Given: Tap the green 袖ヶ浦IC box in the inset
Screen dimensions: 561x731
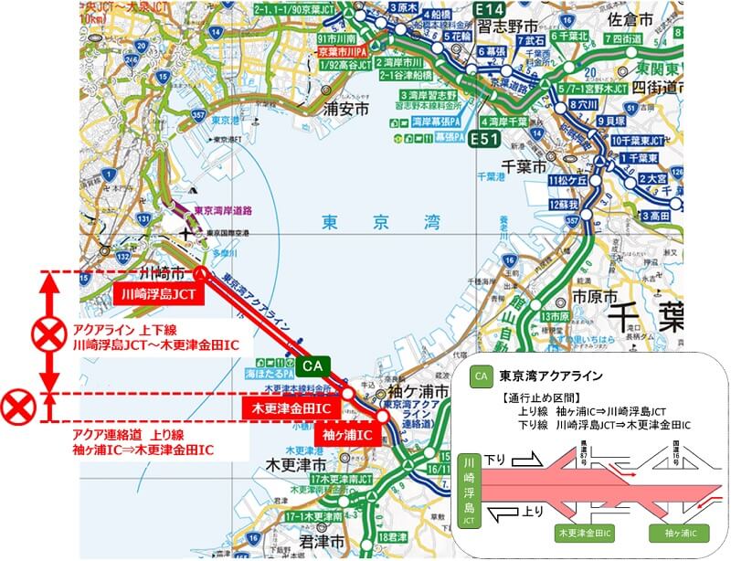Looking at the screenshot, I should [x=678, y=531].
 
